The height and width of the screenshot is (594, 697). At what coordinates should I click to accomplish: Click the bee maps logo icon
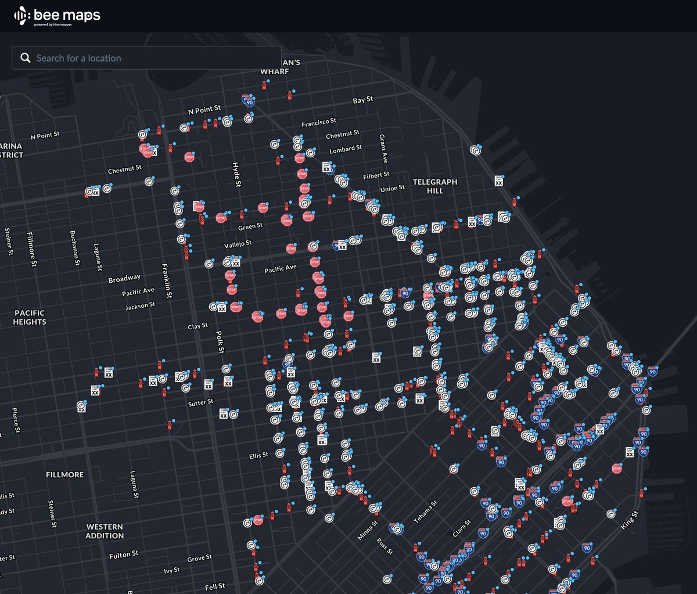[21, 16]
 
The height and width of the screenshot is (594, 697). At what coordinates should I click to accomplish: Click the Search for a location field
[145, 58]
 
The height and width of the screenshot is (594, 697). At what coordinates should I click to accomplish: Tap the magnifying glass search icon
[25, 58]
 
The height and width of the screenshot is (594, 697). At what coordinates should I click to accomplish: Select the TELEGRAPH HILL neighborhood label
[435, 186]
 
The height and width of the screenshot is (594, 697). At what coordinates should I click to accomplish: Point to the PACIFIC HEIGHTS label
[30, 317]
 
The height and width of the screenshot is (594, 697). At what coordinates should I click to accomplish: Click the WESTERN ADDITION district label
[105, 531]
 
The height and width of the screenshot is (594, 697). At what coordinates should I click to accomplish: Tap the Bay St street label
[363, 100]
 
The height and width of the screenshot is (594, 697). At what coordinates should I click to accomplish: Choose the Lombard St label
[346, 149]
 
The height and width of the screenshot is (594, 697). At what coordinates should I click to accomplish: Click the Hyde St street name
[236, 174]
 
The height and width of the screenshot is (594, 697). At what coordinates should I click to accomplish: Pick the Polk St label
[220, 342]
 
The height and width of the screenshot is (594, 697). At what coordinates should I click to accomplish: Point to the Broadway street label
[124, 279]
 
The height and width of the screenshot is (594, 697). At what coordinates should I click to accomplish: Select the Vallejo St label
[238, 244]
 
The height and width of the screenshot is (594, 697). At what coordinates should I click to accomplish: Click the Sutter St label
[200, 402]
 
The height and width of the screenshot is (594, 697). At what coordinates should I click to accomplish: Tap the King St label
[630, 520]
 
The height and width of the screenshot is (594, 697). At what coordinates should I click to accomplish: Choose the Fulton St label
[124, 555]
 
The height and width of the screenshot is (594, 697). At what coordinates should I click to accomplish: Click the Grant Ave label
[383, 149]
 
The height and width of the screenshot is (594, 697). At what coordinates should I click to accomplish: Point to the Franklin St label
[167, 280]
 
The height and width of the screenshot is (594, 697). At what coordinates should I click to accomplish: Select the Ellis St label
[258, 456]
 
